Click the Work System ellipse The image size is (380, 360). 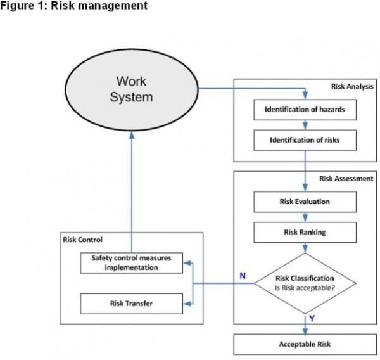coord(134,89)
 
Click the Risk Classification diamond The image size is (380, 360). coord(305,283)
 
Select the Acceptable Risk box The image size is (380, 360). coord(305,345)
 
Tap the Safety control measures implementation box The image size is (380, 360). coord(131,262)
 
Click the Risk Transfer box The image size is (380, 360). coord(131,304)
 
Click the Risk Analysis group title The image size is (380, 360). coord(351,86)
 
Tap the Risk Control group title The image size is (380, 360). coord(83,240)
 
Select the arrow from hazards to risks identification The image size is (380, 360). coord(305,125)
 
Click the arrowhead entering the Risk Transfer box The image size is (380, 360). coord(186,303)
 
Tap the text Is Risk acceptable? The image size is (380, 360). coord(305,288)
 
